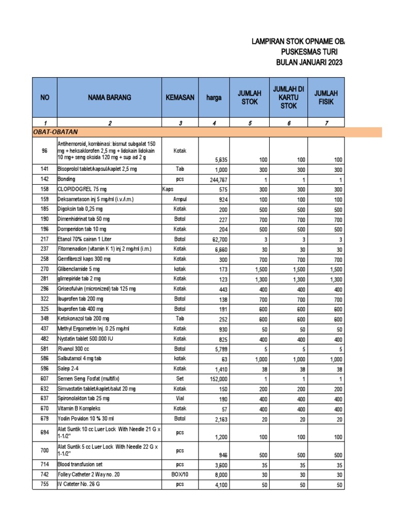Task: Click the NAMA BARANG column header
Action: pos(109,97)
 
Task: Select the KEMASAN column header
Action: pos(179,97)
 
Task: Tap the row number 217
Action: pos(45,239)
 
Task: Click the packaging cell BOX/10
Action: pos(179,474)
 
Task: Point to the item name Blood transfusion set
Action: pos(81,464)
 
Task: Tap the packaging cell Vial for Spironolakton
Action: pos(179,399)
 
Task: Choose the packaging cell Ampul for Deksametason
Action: pos(179,199)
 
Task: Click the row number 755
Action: pos(45,484)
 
